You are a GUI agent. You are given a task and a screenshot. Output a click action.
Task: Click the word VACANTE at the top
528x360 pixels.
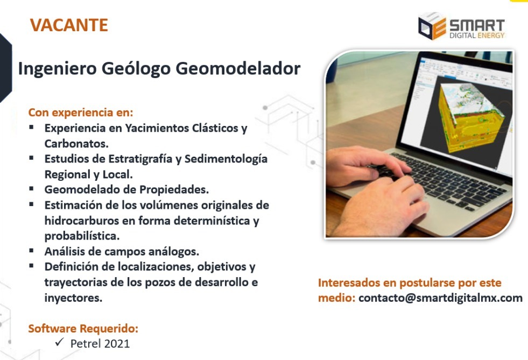point(69,25)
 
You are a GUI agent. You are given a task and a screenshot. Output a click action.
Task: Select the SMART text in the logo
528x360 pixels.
point(477,25)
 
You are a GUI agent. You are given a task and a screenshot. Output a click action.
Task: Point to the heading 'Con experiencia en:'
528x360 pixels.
point(80,113)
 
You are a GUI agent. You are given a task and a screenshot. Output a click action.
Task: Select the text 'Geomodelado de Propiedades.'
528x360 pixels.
point(126,189)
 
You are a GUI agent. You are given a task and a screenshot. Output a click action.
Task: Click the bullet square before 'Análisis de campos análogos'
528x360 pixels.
point(32,250)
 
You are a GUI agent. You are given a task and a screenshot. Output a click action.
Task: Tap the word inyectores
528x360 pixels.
point(73,298)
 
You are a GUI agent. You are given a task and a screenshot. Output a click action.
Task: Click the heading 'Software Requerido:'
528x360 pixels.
point(83,328)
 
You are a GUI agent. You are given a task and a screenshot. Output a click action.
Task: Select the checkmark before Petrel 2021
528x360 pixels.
point(60,343)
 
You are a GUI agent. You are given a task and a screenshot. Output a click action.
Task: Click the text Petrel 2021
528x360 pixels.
point(100,343)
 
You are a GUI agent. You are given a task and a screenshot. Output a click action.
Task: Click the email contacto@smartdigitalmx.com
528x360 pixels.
point(440,298)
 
